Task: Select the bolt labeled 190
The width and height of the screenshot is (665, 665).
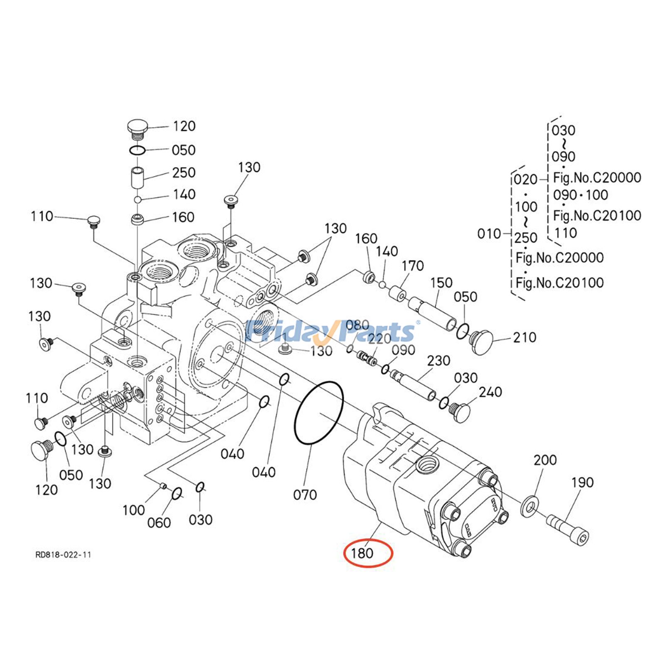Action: tap(568, 529)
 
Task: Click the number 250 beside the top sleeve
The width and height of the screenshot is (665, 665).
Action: tap(184, 172)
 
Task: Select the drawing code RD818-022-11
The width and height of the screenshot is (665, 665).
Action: tap(63, 554)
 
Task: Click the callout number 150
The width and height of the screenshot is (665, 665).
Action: tap(441, 283)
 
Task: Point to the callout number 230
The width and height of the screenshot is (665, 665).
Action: tap(438, 360)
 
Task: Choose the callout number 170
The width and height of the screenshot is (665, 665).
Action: tap(412, 266)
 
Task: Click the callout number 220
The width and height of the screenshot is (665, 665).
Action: tap(379, 339)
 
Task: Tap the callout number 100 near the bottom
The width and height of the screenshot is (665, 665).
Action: tap(133, 510)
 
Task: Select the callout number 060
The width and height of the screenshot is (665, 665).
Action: tap(159, 522)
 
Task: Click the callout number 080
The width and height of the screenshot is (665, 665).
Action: tap(357, 325)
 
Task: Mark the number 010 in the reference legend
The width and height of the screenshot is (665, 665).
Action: tap(489, 234)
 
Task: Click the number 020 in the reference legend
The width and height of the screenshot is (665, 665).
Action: tap(526, 180)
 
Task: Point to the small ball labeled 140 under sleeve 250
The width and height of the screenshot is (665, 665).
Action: tap(138, 200)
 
